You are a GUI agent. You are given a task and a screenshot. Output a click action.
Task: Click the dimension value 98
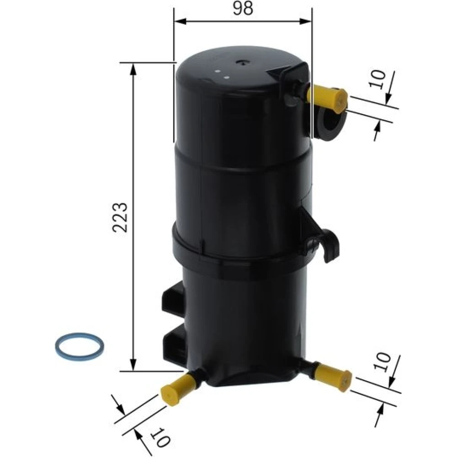[x=243, y=8]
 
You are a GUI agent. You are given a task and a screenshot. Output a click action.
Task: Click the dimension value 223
[x=120, y=217]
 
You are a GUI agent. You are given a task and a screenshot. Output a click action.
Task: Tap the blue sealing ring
[x=79, y=346]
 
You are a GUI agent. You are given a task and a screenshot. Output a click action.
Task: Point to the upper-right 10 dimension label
[x=377, y=79]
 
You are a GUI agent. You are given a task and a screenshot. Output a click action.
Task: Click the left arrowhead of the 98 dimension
[x=180, y=21]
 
